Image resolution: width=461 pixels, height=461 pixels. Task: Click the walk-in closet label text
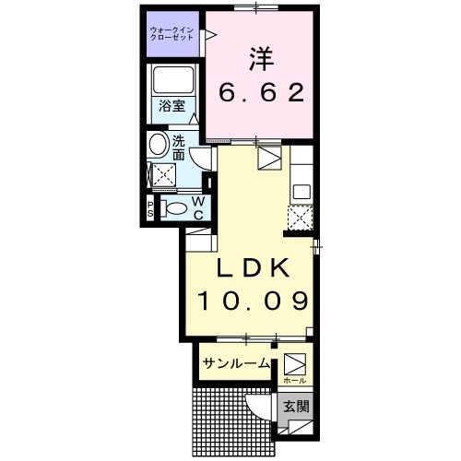tap(173, 33)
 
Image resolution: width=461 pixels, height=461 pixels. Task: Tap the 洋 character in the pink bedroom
tap(257, 58)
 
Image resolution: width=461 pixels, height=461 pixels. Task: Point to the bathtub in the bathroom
tap(172, 82)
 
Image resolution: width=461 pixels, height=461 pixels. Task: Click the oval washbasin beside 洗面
tap(158, 144)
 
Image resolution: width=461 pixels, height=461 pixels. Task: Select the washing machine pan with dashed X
tap(163, 175)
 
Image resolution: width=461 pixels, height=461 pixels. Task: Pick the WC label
tap(197, 208)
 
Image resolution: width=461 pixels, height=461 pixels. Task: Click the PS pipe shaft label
tap(150, 208)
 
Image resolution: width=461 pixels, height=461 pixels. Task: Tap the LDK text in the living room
tap(254, 267)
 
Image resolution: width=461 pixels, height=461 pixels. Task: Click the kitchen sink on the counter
tap(301, 192)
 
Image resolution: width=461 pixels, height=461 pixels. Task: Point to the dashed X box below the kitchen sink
tap(301, 218)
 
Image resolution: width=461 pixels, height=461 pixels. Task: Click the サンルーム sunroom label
tap(236, 363)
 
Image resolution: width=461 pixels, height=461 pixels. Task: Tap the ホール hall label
tap(293, 380)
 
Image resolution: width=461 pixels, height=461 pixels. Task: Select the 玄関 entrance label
tap(294, 406)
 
